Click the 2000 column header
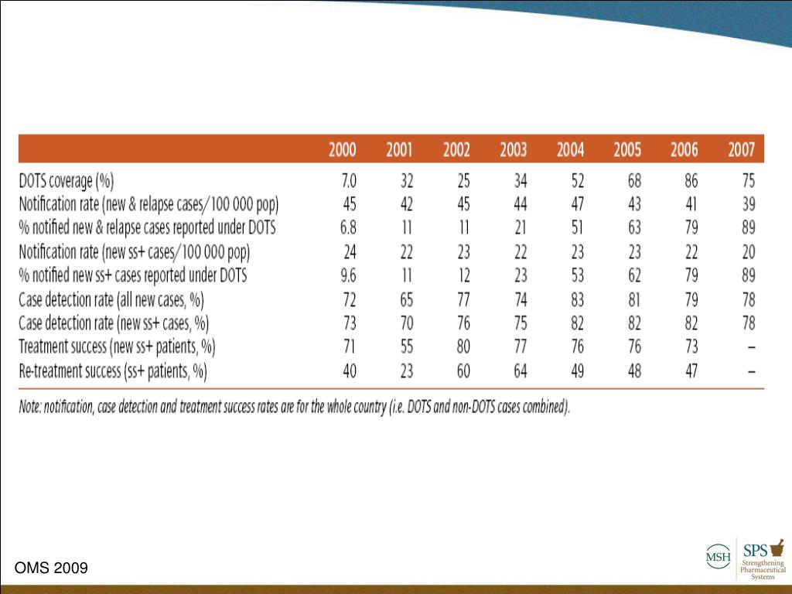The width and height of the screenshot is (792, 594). point(343,150)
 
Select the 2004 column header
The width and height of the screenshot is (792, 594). point(571,150)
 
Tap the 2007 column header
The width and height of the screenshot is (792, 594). point(741,150)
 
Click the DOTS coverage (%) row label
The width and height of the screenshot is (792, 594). point(67,182)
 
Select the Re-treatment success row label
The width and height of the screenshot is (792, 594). point(113,371)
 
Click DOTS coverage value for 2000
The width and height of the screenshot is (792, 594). point(349,182)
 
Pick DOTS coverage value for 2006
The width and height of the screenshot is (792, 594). point(691,182)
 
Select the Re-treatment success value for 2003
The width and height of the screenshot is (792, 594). point(520,371)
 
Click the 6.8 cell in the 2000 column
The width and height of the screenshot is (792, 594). point(348,228)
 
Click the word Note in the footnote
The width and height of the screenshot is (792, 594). point(32,408)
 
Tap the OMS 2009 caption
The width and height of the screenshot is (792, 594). point(51,568)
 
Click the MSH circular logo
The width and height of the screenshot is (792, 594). point(717,555)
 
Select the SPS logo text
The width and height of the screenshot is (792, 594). point(755,551)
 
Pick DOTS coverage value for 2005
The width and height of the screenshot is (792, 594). point(633,182)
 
